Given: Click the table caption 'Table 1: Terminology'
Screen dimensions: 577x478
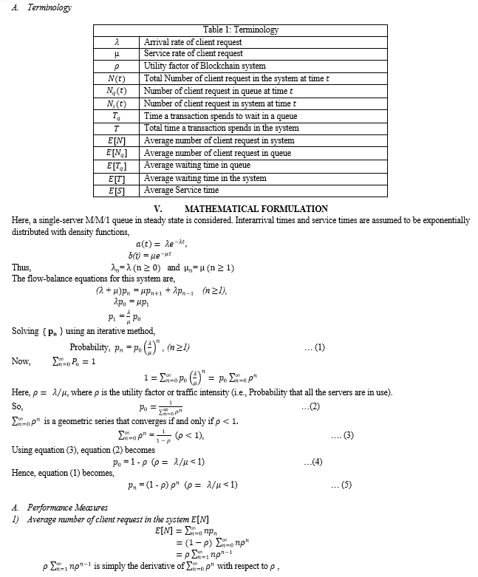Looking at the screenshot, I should coord(241,30).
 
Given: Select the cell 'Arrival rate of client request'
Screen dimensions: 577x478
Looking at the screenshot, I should coord(193,43).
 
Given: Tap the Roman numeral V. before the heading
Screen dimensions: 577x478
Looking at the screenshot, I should coord(157,209).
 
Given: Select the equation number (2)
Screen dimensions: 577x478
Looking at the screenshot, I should coord(311,407).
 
